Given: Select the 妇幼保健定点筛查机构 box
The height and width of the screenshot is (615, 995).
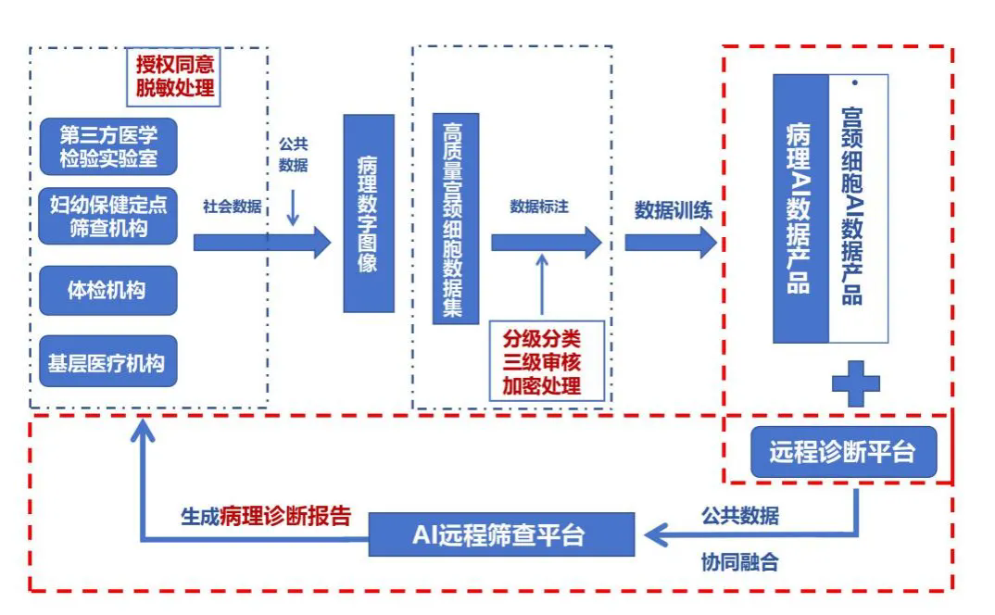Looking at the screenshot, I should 109,215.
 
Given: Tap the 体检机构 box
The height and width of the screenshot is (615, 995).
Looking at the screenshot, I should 107,291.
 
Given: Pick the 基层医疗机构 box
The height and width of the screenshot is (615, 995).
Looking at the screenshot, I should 107,362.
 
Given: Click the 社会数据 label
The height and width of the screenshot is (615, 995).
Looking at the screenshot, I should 232,207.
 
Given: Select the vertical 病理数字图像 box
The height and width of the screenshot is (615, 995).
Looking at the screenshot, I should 368,213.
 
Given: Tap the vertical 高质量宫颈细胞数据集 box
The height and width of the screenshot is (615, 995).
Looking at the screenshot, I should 454,219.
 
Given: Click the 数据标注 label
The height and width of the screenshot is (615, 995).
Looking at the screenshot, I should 539,207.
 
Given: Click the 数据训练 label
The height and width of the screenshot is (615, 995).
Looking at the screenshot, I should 673,210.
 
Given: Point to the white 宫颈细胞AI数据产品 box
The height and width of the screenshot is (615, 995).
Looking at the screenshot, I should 858,208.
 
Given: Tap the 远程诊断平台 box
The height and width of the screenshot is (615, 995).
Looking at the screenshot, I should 841,452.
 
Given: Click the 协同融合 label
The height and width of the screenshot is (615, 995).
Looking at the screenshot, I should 739,561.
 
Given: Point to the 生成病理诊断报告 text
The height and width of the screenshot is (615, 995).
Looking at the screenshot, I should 266,517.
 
